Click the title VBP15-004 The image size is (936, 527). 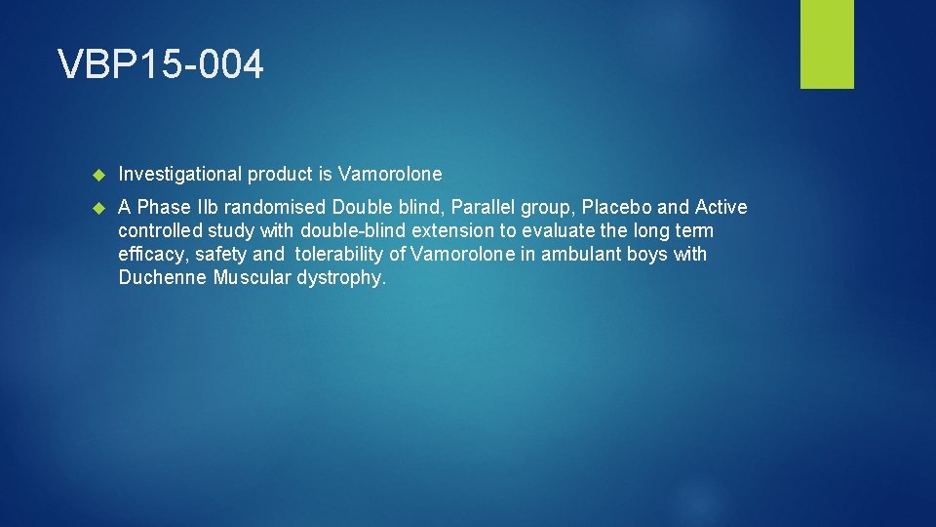tap(161, 65)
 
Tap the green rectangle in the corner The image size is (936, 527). tap(827, 44)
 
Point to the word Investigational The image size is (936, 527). tap(179, 175)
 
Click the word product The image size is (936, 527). tap(280, 175)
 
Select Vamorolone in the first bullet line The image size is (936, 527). tap(390, 175)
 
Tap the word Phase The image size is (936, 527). tap(164, 208)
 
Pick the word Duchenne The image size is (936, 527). tap(163, 278)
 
